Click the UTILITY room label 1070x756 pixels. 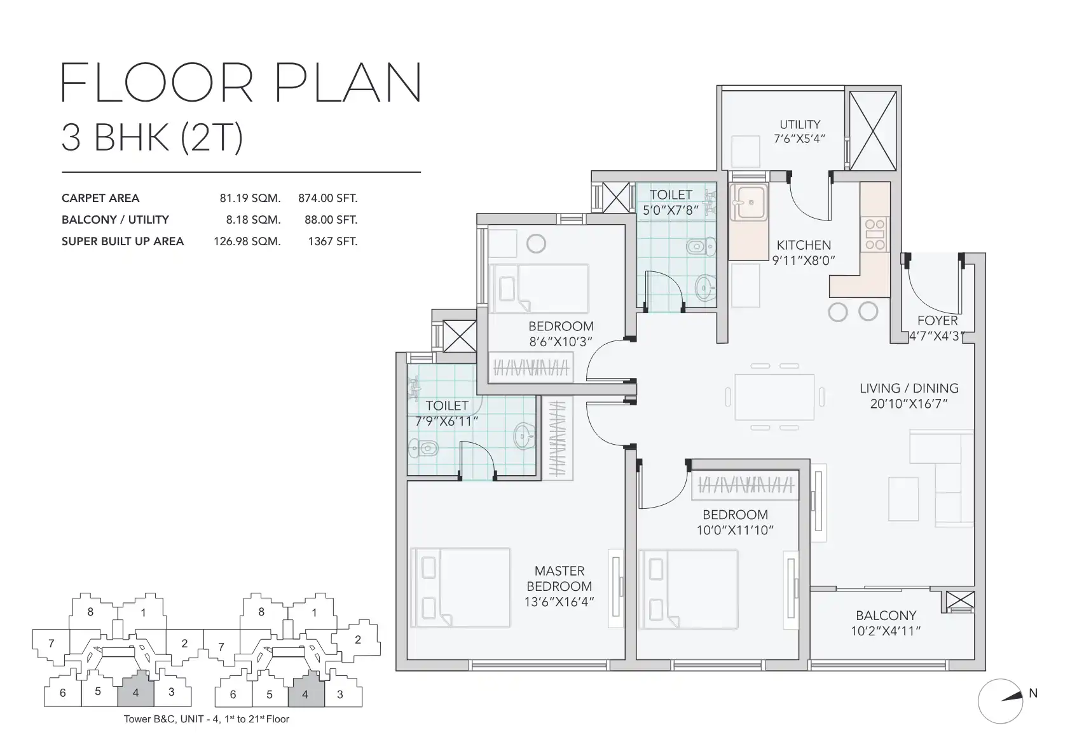pyautogui.click(x=800, y=125)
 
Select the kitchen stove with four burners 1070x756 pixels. pyautogui.click(x=875, y=234)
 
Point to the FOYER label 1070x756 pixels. pyautogui.click(x=937, y=321)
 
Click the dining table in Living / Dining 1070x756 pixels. pyautogui.click(x=774, y=397)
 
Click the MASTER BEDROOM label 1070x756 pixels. pyautogui.click(x=559, y=579)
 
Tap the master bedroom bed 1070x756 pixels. pyautogui.click(x=460, y=588)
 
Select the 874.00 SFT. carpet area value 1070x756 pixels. pyautogui.click(x=327, y=198)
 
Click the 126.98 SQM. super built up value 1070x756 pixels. pyautogui.click(x=247, y=241)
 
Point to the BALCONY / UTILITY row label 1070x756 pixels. pyautogui.click(x=115, y=220)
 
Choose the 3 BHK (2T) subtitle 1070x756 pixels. pyautogui.click(x=153, y=138)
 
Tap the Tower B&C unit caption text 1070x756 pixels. pyautogui.click(x=207, y=719)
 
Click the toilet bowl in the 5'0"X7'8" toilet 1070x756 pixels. pyautogui.click(x=701, y=246)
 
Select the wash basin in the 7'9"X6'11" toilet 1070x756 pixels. pyautogui.click(x=524, y=436)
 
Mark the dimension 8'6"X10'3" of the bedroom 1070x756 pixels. pyautogui.click(x=560, y=342)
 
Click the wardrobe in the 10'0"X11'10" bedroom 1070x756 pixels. pyautogui.click(x=745, y=485)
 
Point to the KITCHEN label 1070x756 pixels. pyautogui.click(x=804, y=245)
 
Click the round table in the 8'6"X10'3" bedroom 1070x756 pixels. pyautogui.click(x=536, y=244)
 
